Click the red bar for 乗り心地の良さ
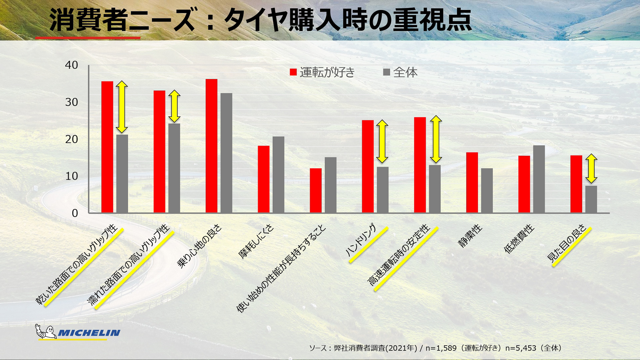(x=211, y=146)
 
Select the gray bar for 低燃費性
(x=539, y=179)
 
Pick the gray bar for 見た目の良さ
(x=591, y=199)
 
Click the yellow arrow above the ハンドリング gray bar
(x=382, y=141)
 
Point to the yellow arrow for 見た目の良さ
(x=591, y=168)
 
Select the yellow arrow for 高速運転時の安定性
(x=436, y=139)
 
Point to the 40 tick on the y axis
(x=71, y=65)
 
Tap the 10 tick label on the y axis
(x=71, y=176)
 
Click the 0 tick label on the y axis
(x=75, y=213)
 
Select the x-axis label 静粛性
(x=470, y=236)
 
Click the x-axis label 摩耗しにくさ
(x=256, y=242)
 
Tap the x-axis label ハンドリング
(x=361, y=240)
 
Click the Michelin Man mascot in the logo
(x=46, y=332)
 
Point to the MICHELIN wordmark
(x=89, y=333)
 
